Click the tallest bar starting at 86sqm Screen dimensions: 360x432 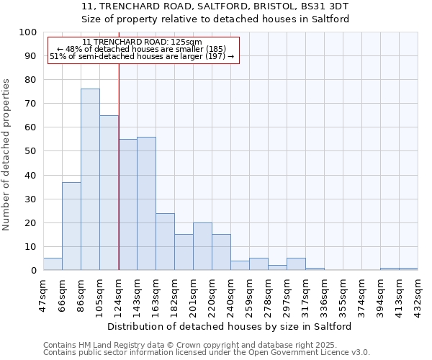click(90, 179)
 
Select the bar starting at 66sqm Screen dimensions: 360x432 click(71, 226)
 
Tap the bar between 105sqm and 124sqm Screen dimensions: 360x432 click(109, 192)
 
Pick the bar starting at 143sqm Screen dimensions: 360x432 click(146, 203)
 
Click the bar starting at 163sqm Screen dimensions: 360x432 click(165, 241)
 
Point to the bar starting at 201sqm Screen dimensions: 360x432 click(202, 246)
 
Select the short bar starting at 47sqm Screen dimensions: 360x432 click(53, 264)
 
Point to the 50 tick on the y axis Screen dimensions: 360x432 click(30, 151)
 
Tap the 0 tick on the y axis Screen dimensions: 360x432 click(33, 270)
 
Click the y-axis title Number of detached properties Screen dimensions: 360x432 click(7, 154)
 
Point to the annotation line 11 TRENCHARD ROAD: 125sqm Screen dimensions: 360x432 click(142, 42)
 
